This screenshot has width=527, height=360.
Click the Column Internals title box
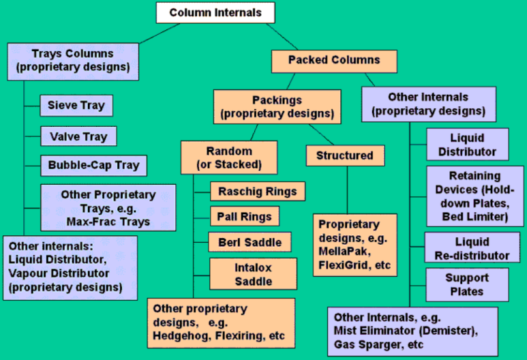215,12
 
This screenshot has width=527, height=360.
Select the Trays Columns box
74,61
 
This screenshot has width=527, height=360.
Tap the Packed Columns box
334,60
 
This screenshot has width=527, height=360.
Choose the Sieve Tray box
76,106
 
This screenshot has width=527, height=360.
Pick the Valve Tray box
78,136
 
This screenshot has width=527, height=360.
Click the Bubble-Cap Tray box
93,165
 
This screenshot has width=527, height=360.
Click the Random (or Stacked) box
229,157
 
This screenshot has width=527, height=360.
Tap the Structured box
344,155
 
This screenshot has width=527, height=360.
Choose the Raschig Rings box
257,192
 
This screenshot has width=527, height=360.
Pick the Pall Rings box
245,217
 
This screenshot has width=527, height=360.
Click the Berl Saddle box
250,242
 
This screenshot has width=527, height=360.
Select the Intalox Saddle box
254,274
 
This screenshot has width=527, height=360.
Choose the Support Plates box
467,284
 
